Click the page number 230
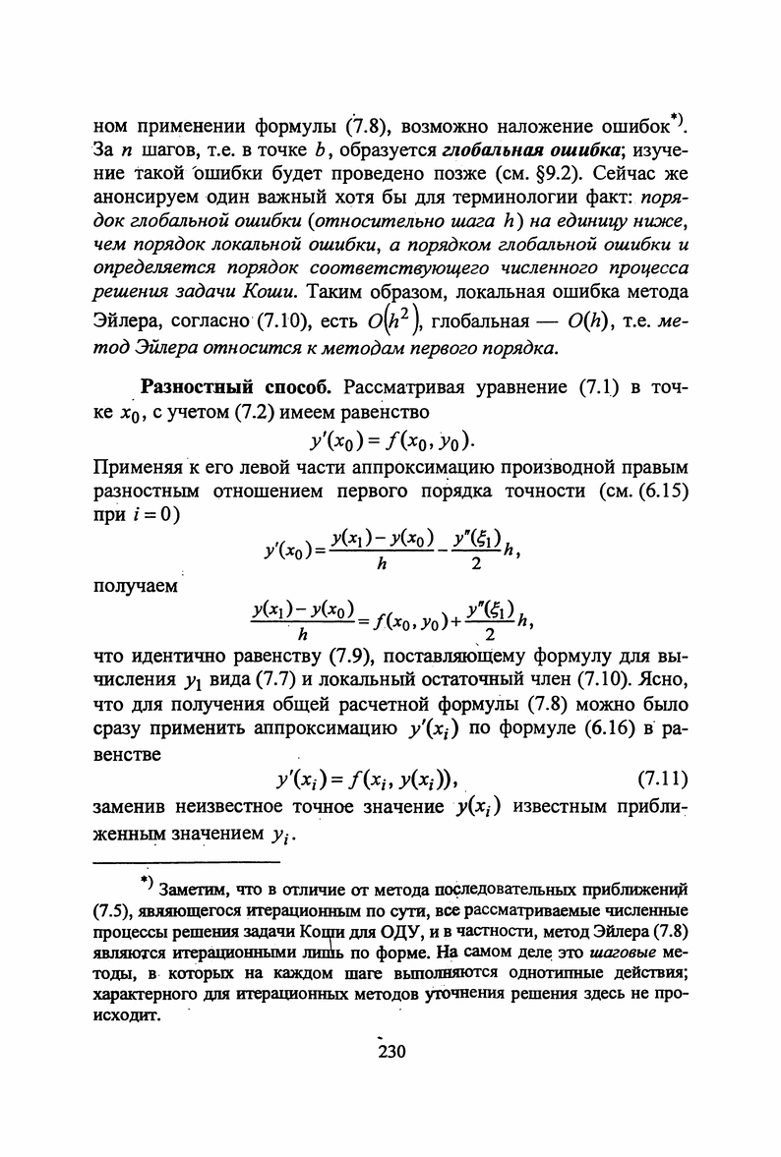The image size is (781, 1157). click(390, 1051)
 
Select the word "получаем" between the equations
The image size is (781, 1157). click(135, 586)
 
